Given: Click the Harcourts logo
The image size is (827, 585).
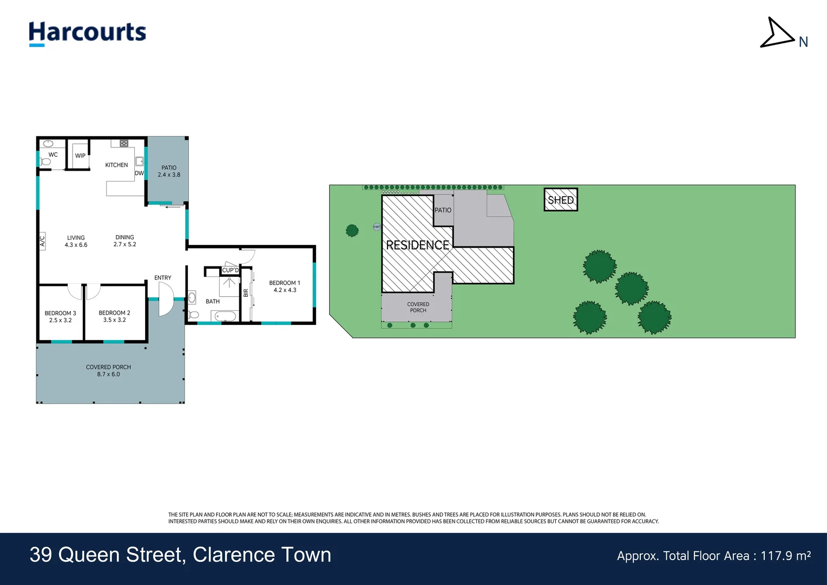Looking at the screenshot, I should tap(87, 32).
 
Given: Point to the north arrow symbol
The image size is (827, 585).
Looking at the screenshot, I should tap(777, 34).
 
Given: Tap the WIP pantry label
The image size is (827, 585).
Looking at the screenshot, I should tap(80, 156).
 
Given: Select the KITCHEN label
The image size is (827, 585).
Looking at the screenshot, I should tap(116, 165).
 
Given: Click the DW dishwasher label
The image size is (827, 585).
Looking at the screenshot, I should tap(139, 173).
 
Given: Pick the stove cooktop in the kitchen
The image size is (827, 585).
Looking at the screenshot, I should tap(124, 144).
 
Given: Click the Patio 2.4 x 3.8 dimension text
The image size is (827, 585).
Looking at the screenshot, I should tap(169, 175).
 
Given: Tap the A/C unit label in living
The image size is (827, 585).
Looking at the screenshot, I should tap(42, 240).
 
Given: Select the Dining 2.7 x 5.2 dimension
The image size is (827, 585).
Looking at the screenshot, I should tap(124, 244).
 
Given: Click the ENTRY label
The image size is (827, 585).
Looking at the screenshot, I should tap(162, 278).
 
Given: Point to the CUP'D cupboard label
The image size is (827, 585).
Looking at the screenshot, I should tap(230, 270).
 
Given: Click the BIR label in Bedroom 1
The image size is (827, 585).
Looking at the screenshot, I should tap(246, 293).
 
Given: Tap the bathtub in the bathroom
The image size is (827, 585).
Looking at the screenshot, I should tap(224, 316).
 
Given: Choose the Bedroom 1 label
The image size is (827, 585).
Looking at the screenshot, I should tap(284, 283).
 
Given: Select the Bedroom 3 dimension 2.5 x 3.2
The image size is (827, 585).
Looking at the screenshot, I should tap(60, 320).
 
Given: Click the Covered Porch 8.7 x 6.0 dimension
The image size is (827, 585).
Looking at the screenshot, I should tap(108, 374).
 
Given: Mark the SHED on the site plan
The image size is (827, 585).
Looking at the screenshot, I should tap(561, 200).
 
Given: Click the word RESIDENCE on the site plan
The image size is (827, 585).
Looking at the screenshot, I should tap(417, 245).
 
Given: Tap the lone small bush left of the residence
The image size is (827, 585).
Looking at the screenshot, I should tap(352, 231).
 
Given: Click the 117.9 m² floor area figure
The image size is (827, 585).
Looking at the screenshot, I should tap(785, 556).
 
